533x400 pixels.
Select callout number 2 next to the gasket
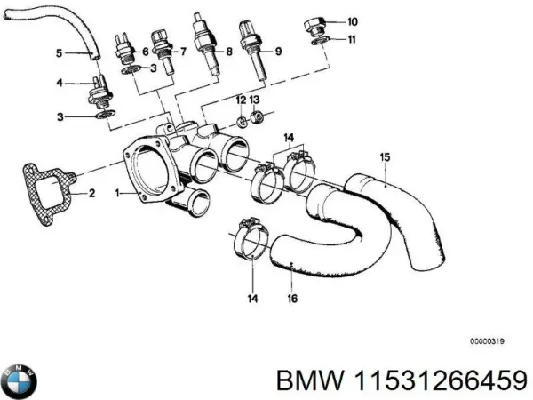(91, 191)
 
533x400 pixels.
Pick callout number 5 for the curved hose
(60, 53)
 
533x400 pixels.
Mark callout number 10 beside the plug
(353, 20)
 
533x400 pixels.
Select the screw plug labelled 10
(315, 22)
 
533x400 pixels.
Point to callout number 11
(353, 39)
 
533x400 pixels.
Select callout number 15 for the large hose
(385, 157)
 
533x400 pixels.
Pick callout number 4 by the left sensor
(60, 84)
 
